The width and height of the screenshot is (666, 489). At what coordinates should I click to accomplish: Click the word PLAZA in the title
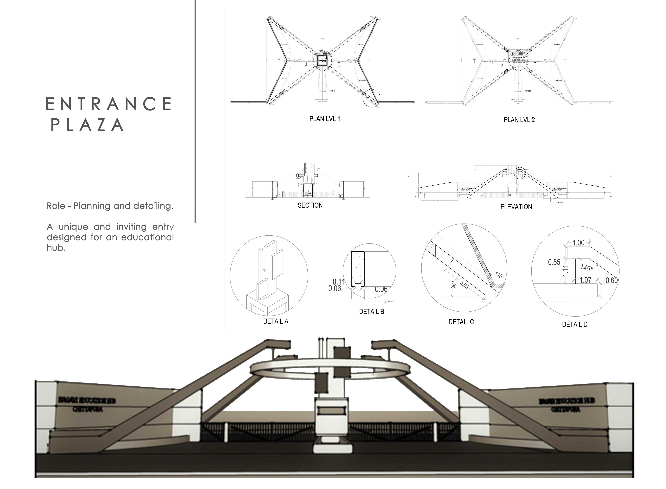click(87, 125)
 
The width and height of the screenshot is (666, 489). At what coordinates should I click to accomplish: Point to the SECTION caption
click(310, 205)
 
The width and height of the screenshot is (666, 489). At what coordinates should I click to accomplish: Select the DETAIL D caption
click(575, 324)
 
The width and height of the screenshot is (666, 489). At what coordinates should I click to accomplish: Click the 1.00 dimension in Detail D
click(578, 243)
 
